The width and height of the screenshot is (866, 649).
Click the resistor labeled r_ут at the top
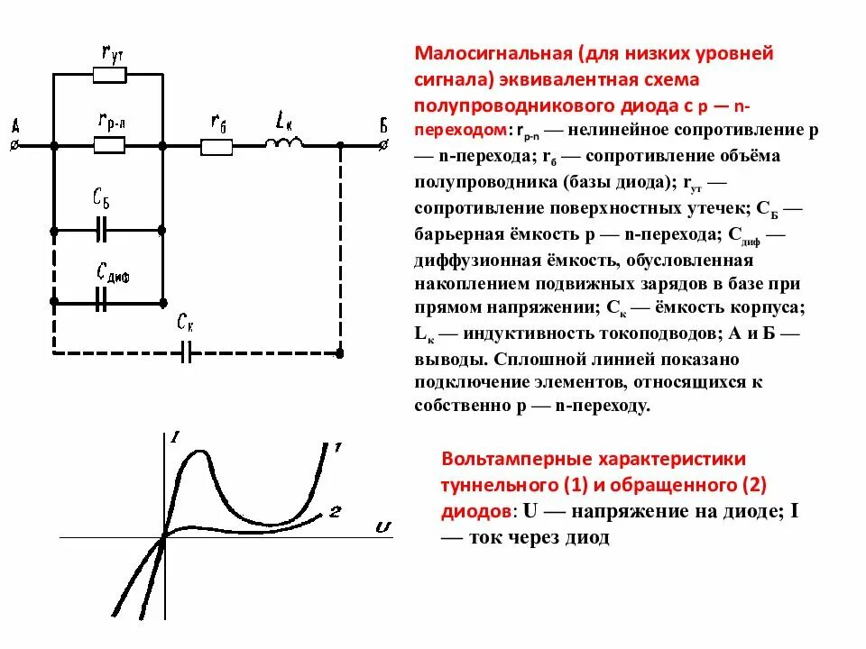(x=109, y=75)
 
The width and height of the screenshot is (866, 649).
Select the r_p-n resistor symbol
(x=109, y=142)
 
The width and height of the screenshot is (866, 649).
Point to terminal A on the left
(x=14, y=143)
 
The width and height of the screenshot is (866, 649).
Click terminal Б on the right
(x=384, y=143)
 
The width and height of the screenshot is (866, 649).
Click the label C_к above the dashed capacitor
(x=186, y=321)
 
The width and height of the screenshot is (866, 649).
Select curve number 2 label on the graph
(x=335, y=512)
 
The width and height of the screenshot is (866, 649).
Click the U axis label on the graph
(x=382, y=526)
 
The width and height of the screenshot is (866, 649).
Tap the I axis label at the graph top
(x=174, y=438)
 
